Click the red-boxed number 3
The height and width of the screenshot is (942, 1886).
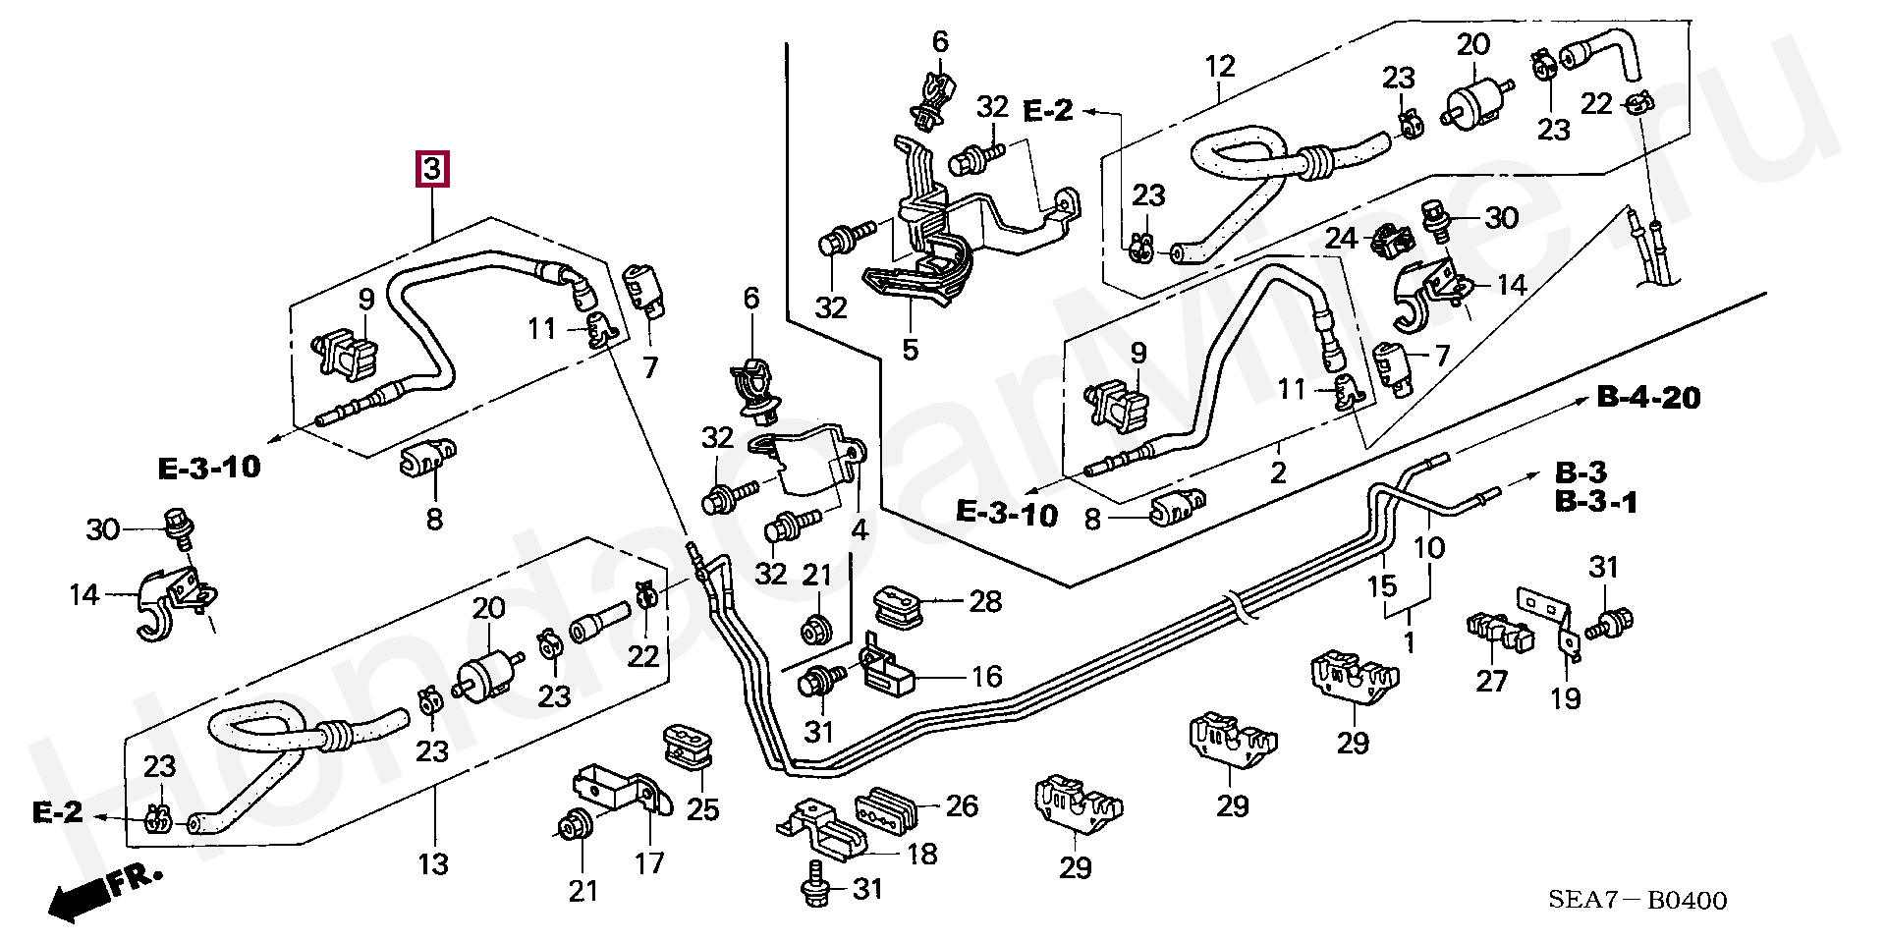pos(433,169)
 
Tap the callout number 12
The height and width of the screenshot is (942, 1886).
pos(1219,67)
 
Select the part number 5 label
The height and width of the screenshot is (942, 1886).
pos(910,349)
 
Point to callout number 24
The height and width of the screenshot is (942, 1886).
pos(1341,239)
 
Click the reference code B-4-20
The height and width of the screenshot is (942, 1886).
pos(1649,398)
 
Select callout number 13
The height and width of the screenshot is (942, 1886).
pos(433,863)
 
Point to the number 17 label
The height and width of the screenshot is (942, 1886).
pos(649,862)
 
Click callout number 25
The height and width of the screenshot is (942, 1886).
pos(702,809)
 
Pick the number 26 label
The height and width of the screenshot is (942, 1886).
pos(962,805)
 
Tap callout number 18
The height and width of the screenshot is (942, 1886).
pos(921,854)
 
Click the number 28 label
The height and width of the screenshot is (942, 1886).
pos(985,601)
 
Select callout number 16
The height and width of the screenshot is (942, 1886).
pos(987,676)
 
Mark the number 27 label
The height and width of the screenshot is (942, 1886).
pos(1491,680)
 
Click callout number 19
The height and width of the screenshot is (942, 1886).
pos(1566,697)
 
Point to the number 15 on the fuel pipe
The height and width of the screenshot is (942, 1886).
pos(1382,586)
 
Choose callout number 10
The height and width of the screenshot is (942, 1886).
pos(1429,547)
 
